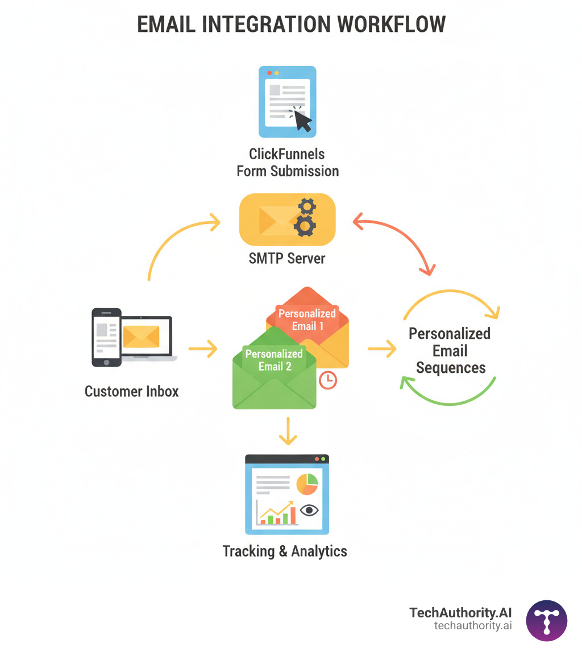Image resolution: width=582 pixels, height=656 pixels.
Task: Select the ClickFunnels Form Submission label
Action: click(x=288, y=162)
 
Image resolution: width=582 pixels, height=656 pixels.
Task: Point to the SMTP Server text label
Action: click(x=287, y=258)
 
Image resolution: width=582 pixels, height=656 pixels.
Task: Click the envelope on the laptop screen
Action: click(x=141, y=337)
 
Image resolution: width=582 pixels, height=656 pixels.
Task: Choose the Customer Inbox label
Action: click(x=131, y=391)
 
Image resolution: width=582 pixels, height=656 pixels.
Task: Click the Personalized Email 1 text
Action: click(x=307, y=319)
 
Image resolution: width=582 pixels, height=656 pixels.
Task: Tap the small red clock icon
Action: click(x=328, y=380)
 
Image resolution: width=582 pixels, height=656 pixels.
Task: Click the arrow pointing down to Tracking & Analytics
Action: click(x=288, y=432)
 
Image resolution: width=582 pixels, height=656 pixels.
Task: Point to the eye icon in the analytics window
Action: click(x=309, y=510)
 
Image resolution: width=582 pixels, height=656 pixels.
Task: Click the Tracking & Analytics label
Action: click(x=284, y=551)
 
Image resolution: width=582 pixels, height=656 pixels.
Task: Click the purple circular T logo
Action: click(x=546, y=621)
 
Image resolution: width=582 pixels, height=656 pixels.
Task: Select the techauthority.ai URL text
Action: click(x=473, y=625)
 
